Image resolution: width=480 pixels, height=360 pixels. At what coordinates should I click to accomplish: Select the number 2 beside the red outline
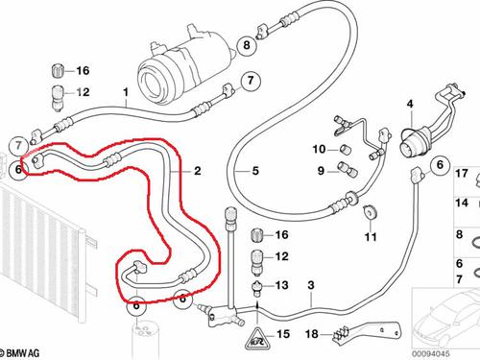pyautogui.click(x=197, y=171)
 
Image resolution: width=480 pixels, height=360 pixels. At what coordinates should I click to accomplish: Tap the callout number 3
pyautogui.click(x=311, y=313)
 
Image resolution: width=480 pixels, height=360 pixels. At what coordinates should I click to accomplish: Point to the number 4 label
pyautogui.click(x=408, y=104)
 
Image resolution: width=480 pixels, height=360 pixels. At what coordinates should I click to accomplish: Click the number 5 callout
pyautogui.click(x=255, y=171)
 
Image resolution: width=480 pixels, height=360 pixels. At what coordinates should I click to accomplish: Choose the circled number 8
pyautogui.click(x=246, y=44)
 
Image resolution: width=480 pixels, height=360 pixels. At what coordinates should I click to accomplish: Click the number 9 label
pyautogui.click(x=321, y=171)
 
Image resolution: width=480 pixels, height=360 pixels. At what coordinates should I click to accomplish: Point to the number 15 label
pyautogui.click(x=282, y=334)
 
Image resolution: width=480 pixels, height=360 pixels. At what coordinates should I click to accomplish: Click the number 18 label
pyautogui.click(x=309, y=334)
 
